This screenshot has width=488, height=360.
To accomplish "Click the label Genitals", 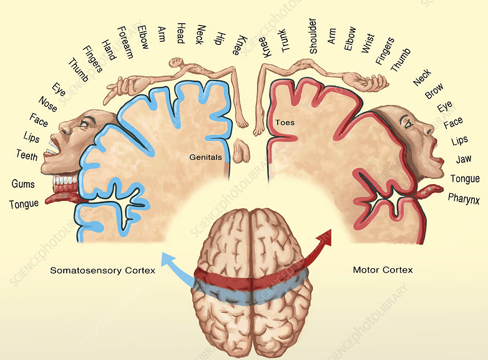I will click(205, 157).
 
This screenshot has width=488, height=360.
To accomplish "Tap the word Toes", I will click(285, 122).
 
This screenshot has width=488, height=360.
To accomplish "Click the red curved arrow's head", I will click(326, 235).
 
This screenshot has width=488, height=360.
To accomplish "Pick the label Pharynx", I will click(463, 199).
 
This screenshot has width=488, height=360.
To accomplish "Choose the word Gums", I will click(23, 184).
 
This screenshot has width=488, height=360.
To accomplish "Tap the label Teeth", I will click(27, 154).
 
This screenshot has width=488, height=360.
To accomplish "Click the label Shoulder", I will click(313, 36).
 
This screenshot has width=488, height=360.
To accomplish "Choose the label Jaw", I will click(463, 160).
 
